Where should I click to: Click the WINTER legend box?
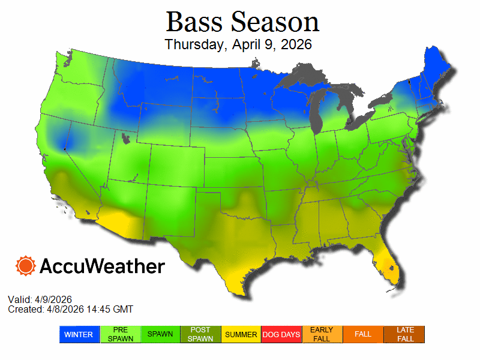[x=79, y=334]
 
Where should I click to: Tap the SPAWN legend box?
[x=160, y=334]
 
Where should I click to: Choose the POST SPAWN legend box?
[x=201, y=334]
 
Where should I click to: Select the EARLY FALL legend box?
[x=322, y=334]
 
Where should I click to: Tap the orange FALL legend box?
[x=363, y=334]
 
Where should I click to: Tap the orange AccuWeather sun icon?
[x=26, y=265]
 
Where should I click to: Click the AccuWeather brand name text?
[x=102, y=266]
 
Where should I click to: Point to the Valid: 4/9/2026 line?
[x=40, y=299]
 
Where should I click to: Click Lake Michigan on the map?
[x=316, y=114]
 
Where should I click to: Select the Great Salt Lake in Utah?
[x=125, y=139]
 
